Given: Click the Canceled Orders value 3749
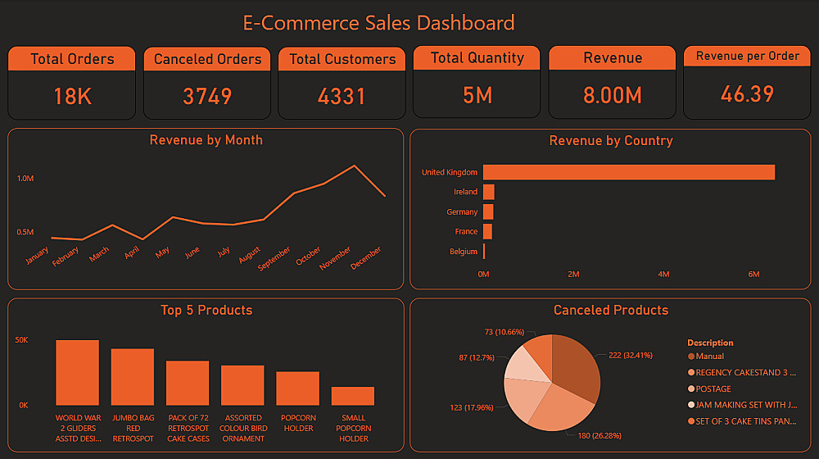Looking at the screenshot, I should point(207,96).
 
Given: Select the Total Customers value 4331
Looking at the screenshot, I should point(342,96).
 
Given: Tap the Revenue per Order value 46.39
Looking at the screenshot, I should point(747,93).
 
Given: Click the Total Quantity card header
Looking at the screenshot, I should point(477,58).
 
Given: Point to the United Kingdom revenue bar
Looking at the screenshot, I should point(628,172).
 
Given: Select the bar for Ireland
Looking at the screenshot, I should point(488,192).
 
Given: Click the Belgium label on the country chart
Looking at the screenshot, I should point(464,252).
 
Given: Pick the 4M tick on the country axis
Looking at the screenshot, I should point(663,275).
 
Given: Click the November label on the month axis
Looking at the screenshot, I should point(335,257).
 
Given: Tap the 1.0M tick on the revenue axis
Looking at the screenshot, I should point(25,178).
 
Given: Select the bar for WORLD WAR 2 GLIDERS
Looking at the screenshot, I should point(77,372).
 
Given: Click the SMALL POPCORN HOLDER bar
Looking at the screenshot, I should point(353,396).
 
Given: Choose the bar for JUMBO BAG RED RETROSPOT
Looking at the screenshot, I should point(133,376).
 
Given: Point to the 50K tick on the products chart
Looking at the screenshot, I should point(22,339).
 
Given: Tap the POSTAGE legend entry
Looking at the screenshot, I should point(713,389).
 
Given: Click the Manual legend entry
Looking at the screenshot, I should point(709,357).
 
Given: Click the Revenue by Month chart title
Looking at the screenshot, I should point(206,140).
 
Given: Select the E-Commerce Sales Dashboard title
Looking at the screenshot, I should point(378,22).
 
